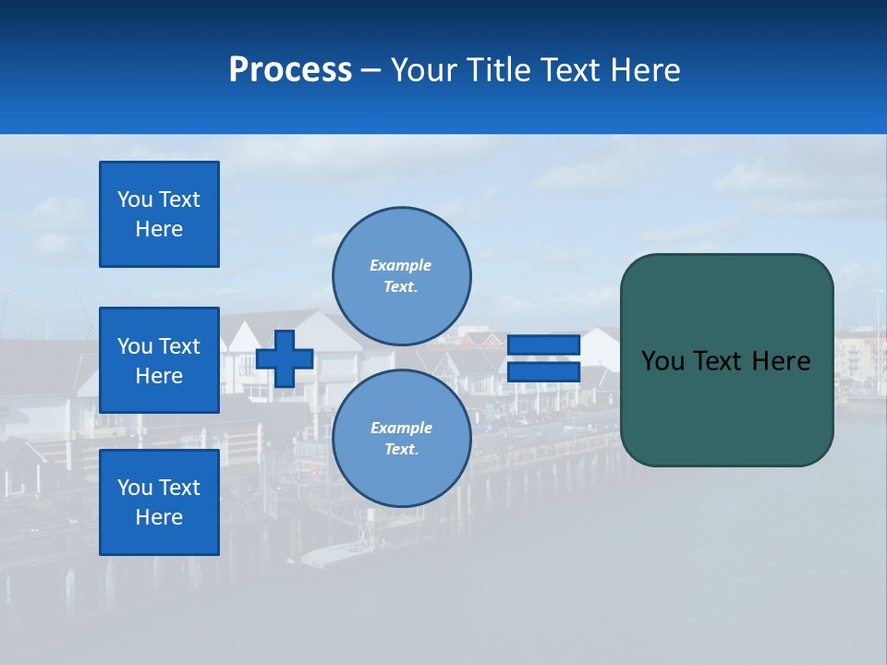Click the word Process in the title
290,70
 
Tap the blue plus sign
285,358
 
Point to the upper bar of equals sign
543,345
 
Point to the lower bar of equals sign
543,372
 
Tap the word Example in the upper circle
400,265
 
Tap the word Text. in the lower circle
401,450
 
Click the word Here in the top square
159,229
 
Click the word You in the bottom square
135,488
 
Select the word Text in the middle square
179,346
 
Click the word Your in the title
427,70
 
